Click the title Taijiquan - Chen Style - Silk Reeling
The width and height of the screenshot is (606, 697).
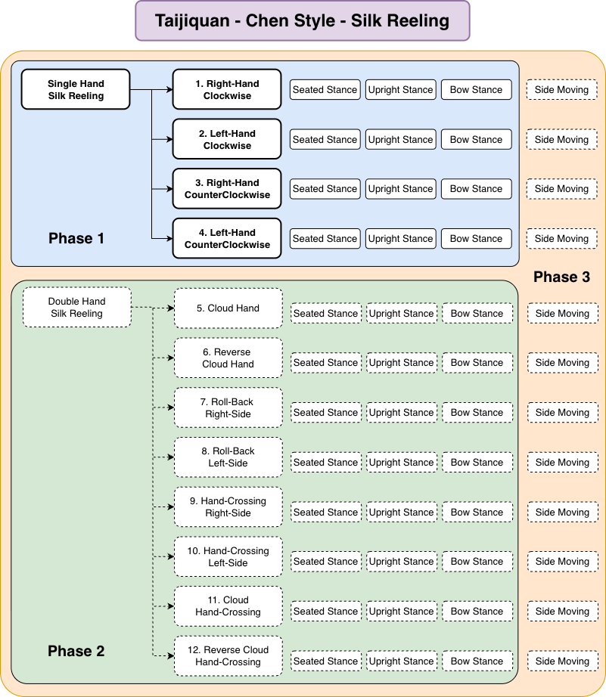click(302, 21)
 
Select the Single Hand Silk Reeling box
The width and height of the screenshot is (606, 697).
click(76, 89)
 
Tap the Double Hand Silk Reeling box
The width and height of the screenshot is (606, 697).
click(76, 307)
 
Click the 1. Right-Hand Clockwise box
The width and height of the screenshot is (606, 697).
click(227, 89)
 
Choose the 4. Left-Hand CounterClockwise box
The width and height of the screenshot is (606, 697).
click(227, 238)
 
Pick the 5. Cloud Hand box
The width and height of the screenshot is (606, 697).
click(228, 308)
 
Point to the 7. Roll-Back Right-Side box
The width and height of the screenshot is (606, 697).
click(228, 407)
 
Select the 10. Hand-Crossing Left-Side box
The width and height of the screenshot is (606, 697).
click(228, 556)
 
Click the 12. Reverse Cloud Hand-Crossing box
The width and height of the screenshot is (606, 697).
click(228, 655)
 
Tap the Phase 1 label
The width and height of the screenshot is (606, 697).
click(76, 238)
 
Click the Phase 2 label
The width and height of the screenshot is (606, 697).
click(76, 651)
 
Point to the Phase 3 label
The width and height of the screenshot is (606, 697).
click(561, 277)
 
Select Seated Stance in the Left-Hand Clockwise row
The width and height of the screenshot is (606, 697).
click(325, 140)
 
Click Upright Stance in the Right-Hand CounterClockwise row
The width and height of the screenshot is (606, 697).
click(400, 189)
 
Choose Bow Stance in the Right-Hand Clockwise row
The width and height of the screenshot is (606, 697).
click(476, 90)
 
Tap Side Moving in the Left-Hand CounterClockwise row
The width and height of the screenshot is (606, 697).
click(561, 239)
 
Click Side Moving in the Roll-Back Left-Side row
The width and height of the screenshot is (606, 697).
click(562, 463)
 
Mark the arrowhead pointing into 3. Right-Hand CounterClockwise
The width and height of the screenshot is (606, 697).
click(169, 189)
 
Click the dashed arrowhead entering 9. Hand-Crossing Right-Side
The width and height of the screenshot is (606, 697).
click(170, 506)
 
